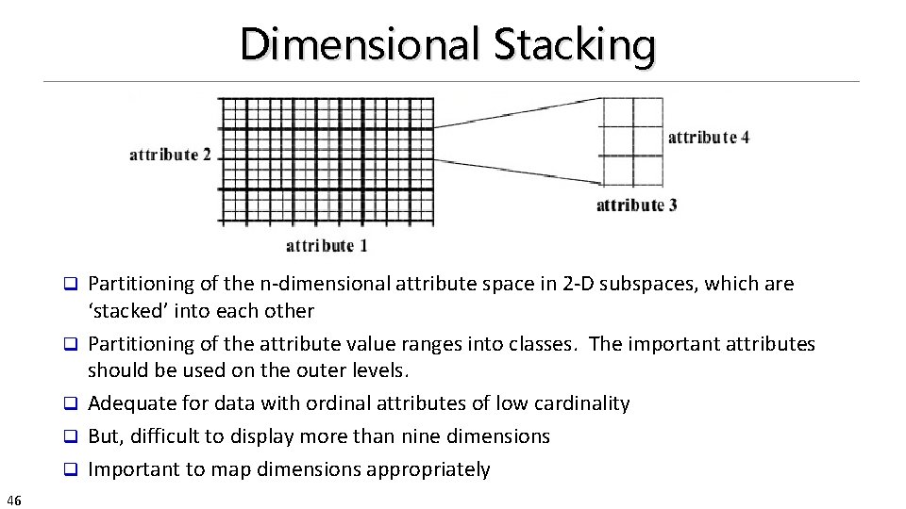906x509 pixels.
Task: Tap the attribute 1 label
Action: coord(327,246)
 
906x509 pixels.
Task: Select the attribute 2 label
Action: coord(170,155)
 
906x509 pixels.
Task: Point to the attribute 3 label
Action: coord(636,205)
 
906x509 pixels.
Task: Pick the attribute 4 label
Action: coord(709,138)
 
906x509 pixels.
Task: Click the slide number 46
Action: coord(14,499)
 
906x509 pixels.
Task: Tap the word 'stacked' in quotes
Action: coord(126,311)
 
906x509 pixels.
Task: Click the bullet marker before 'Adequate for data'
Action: coord(69,404)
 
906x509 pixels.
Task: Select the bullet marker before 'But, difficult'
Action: coord(69,437)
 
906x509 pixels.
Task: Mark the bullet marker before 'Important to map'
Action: coord(69,470)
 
